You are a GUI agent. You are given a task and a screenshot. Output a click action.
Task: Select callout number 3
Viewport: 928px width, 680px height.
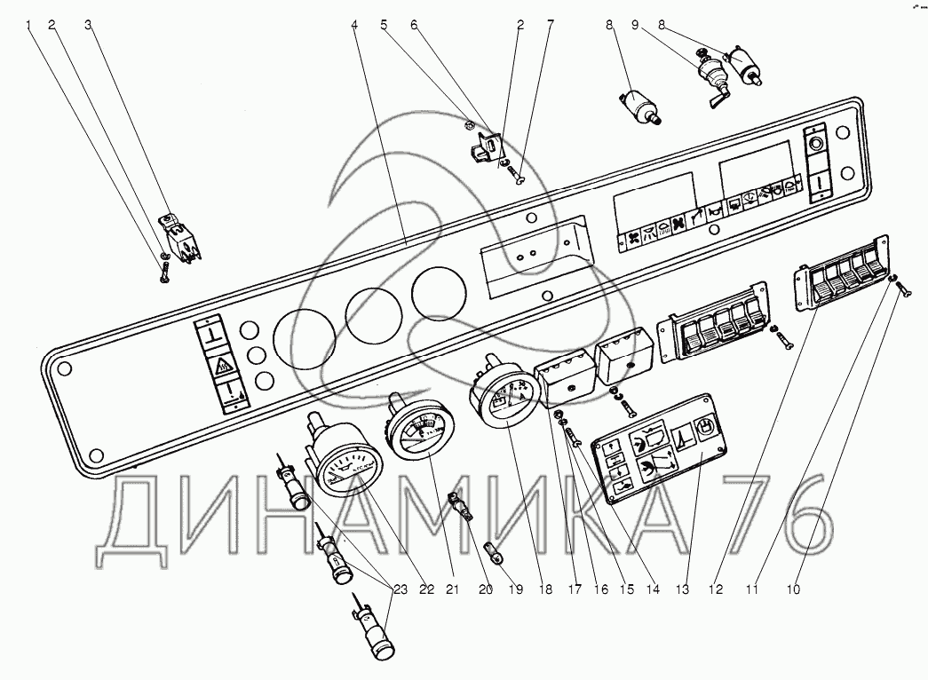click(88, 25)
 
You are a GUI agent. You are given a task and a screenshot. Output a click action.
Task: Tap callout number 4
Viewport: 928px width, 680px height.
click(354, 25)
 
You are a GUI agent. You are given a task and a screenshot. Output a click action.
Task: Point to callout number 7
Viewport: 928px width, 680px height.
click(550, 25)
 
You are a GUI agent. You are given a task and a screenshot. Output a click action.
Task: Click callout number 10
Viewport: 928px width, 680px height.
click(794, 587)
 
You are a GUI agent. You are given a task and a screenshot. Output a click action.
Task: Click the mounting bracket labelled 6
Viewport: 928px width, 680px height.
click(484, 144)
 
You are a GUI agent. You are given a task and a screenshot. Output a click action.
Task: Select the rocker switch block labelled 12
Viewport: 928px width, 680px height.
click(839, 284)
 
